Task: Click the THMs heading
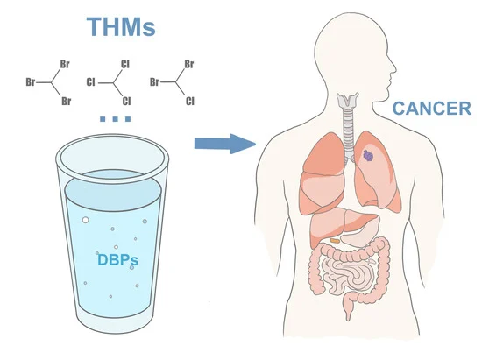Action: coord(121,27)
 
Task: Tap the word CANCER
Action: coord(432,109)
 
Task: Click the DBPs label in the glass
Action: coord(117,260)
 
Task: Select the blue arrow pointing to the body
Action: coord(225,144)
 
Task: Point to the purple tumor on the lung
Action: coord(369,155)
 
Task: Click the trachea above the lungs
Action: coord(348,132)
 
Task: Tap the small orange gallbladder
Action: coord(335,240)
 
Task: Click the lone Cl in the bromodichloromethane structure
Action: coord(190,101)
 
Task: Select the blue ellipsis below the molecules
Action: coord(116,119)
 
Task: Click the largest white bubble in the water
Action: coord(86,220)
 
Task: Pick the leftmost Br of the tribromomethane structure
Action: coord(31,82)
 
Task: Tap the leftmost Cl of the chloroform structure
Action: coord(91,82)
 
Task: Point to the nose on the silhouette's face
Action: coord(393,69)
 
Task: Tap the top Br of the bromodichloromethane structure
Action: coord(189,64)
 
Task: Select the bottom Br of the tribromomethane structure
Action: coord(66,101)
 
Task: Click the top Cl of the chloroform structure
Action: coord(125,64)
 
